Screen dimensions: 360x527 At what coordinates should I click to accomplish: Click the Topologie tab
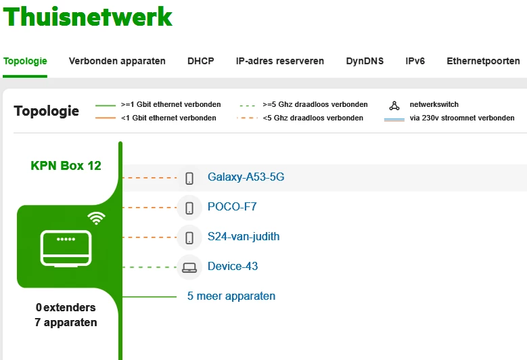coord(25,61)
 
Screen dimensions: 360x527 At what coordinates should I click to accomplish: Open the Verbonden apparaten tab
coord(117,61)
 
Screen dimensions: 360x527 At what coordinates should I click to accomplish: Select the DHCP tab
coord(201,61)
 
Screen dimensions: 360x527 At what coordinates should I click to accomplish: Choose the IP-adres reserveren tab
coord(280,61)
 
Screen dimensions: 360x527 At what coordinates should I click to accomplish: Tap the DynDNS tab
coord(365,61)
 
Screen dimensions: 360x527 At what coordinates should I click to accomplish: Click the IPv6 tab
coord(415,61)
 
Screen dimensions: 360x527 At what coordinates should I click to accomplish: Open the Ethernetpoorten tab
coord(483,61)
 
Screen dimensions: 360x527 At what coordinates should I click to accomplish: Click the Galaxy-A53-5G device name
coord(246,177)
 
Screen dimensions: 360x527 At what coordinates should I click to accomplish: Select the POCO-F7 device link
coord(232,207)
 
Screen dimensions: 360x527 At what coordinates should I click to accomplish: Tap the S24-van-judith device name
coord(244,237)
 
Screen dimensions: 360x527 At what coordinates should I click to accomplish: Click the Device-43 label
coord(233,267)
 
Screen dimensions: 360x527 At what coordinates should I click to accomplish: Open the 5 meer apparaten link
coord(231,296)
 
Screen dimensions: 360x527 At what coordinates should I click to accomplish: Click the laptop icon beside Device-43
coord(189,267)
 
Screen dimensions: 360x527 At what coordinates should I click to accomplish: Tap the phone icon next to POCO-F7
coord(189,207)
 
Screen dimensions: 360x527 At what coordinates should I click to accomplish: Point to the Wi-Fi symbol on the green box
coord(96,218)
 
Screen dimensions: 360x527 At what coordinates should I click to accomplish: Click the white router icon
coord(66,247)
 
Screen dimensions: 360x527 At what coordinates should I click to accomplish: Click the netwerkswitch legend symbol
coord(394,106)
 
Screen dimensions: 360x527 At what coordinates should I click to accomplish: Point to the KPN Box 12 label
coord(66,165)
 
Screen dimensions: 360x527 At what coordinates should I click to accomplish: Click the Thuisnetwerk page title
coord(88,16)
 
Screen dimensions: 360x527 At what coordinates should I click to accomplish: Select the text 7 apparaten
coord(66,323)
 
